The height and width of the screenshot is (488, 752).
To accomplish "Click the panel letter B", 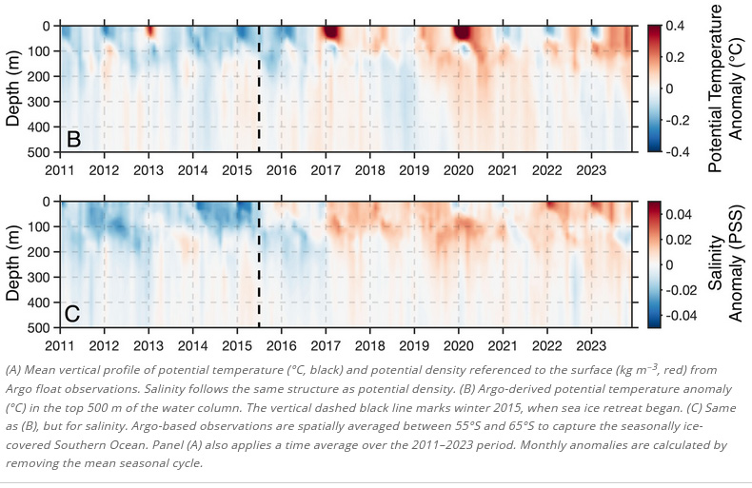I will [73, 139].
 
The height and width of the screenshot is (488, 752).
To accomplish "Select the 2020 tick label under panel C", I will [459, 344].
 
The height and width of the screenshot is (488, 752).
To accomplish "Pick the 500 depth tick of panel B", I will [38, 152].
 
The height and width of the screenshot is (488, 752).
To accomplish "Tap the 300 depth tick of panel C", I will [38, 277].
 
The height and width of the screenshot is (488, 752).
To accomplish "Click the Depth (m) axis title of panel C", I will [15, 264].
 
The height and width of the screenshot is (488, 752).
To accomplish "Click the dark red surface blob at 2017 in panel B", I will [331, 32].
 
